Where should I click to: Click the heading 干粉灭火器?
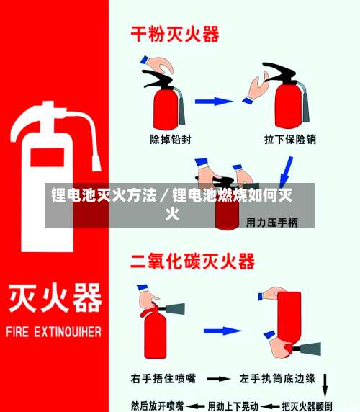[x=174, y=34]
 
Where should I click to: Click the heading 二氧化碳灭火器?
[x=192, y=261]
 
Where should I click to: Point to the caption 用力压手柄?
[x=272, y=223]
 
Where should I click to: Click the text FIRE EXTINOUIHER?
[x=54, y=333]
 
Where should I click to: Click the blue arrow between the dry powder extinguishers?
[x=214, y=102]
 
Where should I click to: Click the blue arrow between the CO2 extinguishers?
[x=222, y=331]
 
